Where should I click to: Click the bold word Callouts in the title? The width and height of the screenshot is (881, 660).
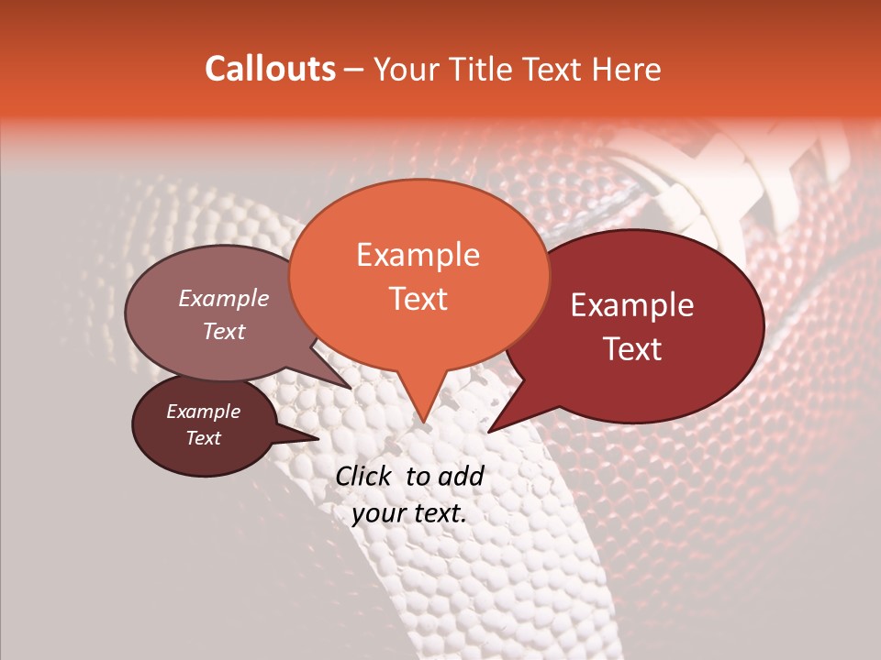click(x=270, y=69)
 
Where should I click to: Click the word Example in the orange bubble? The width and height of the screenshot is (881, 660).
click(x=418, y=255)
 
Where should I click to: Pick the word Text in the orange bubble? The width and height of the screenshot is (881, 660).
click(x=418, y=298)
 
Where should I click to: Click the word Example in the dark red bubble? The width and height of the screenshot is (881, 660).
click(x=632, y=305)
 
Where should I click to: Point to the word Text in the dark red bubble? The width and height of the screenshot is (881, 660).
click(x=632, y=348)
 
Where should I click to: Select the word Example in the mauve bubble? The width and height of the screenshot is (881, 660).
click(x=223, y=298)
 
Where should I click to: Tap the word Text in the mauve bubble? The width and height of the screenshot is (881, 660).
click(x=223, y=331)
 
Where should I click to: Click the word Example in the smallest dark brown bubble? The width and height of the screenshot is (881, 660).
click(x=203, y=412)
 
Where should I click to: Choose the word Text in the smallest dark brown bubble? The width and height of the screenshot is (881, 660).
click(x=203, y=438)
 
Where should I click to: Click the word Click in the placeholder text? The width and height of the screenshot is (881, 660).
click(x=364, y=476)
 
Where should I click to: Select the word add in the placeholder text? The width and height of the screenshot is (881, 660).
click(x=461, y=476)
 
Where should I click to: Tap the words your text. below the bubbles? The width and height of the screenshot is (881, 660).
click(x=409, y=513)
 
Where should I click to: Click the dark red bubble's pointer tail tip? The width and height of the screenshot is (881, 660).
click(x=490, y=431)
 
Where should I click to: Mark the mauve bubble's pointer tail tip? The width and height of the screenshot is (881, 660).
click(x=351, y=389)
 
